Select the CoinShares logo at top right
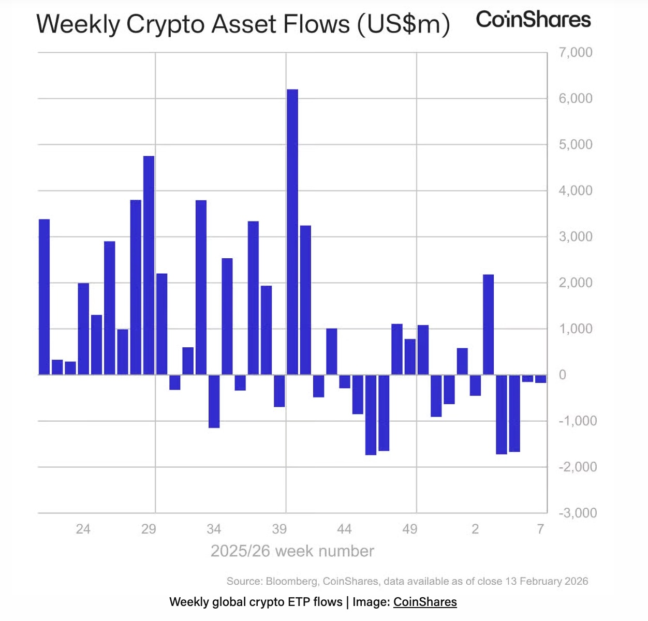(533, 20)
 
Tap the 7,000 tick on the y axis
(575, 52)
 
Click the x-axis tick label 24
(83, 529)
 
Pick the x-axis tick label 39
(279, 529)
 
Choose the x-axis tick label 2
(475, 529)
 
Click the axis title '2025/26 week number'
(292, 551)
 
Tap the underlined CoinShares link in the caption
(425, 602)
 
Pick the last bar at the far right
(541, 379)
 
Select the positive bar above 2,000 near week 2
(488, 324)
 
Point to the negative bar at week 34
(214, 401)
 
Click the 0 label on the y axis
(563, 375)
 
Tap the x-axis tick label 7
(540, 529)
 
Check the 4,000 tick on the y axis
(575, 190)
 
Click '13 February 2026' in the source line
(547, 581)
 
